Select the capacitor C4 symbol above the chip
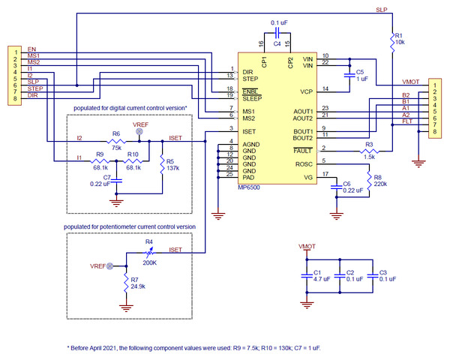coord(277,34)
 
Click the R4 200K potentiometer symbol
coord(150,253)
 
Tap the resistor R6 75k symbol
coord(115,140)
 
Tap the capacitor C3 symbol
coord(373,275)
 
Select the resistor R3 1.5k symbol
coord(369,151)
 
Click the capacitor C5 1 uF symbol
coord(349,75)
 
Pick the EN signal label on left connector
coord(32,49)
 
